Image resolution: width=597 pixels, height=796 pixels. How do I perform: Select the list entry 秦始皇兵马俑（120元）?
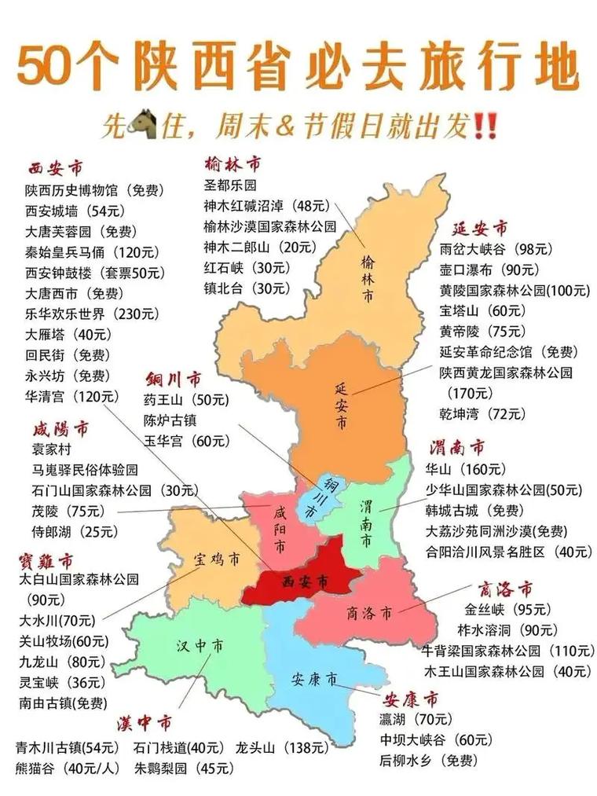tap(92, 252)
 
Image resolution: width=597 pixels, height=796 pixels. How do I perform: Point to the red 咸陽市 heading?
tap(60, 429)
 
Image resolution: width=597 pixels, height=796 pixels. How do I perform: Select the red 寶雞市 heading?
tap(46, 560)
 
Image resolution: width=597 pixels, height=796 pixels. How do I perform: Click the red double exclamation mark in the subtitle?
tap(486, 125)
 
